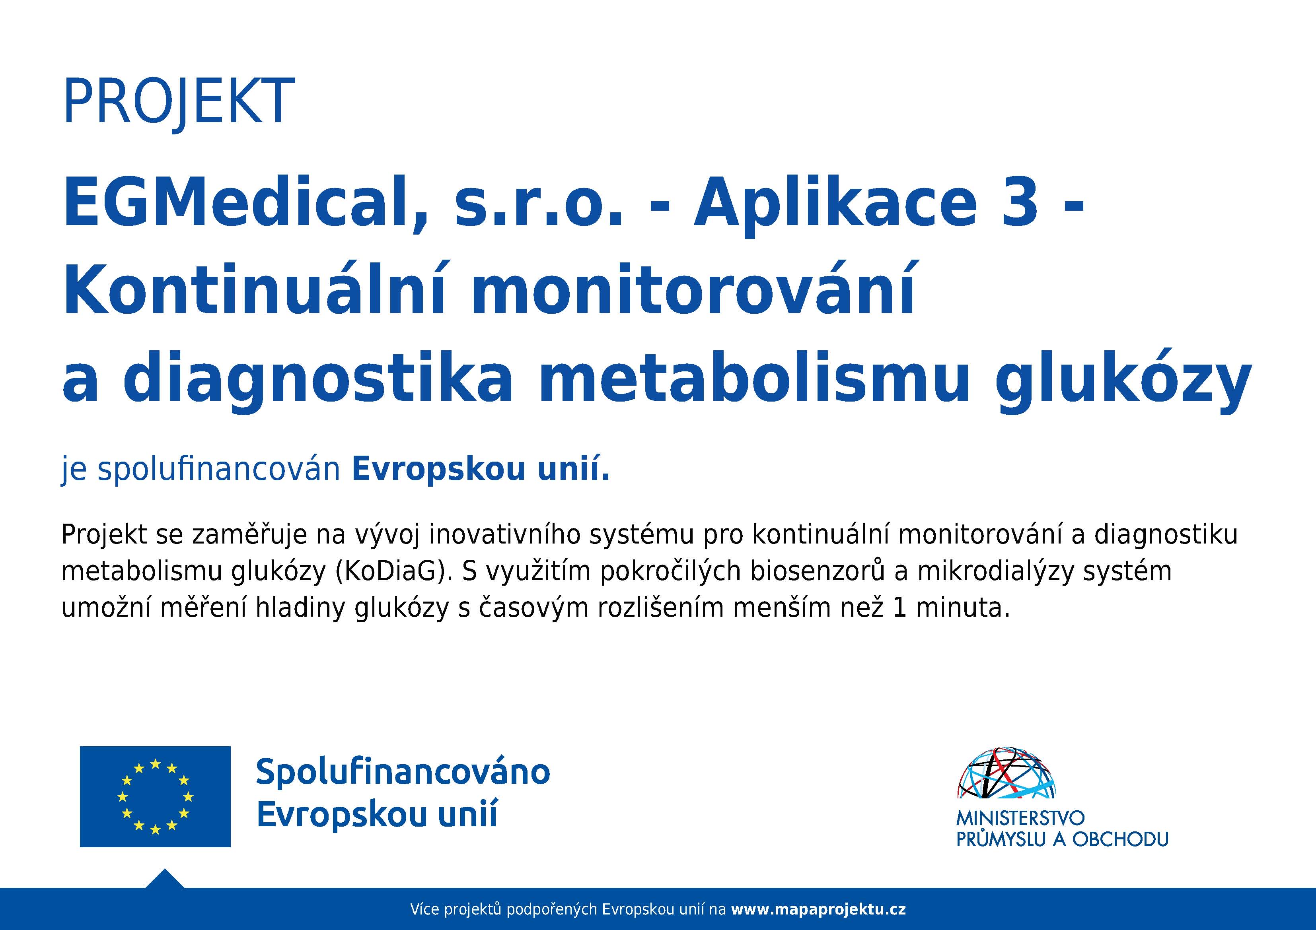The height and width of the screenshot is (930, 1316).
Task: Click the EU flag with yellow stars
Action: pyautogui.click(x=155, y=796)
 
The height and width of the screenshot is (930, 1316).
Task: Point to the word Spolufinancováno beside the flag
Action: pyautogui.click(x=403, y=772)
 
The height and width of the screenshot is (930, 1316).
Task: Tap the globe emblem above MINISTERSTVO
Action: pyautogui.click(x=1006, y=773)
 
